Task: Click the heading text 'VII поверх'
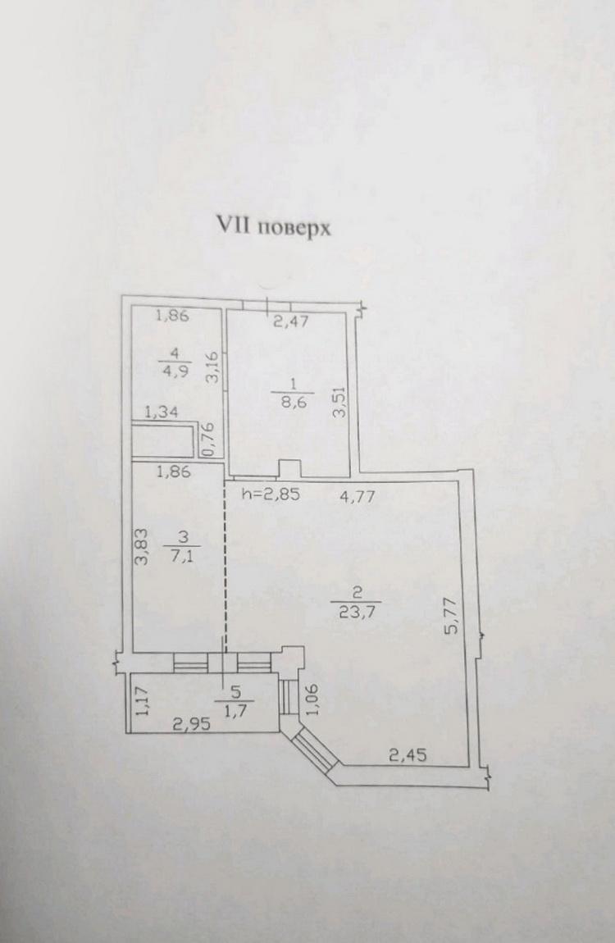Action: point(273,225)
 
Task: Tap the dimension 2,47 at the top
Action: point(290,321)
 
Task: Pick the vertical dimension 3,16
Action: point(212,367)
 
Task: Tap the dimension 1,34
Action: point(162,414)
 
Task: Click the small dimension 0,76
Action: point(208,440)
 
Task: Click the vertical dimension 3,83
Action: point(142,547)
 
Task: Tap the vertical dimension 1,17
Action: point(142,702)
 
